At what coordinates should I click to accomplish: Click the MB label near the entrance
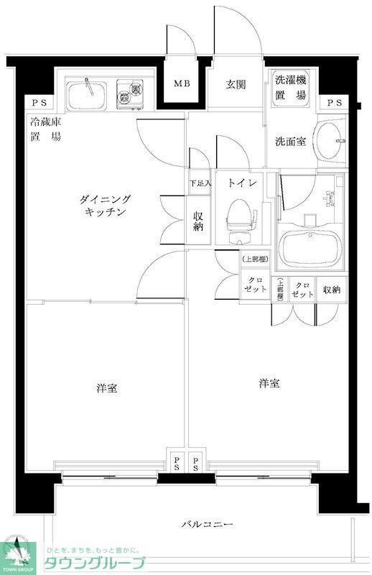click(182, 84)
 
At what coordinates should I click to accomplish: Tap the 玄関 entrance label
click(236, 84)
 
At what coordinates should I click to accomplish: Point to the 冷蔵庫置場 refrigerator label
click(45, 129)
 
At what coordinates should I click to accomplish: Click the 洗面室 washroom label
click(291, 142)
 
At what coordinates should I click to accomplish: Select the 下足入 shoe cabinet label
click(200, 183)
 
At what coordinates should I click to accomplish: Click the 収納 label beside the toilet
click(199, 221)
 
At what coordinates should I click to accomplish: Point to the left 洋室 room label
click(108, 389)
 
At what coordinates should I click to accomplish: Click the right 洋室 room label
click(269, 384)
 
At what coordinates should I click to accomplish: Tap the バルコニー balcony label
click(207, 525)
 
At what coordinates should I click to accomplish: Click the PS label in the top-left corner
click(34, 103)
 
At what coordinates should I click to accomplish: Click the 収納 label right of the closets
click(331, 290)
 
